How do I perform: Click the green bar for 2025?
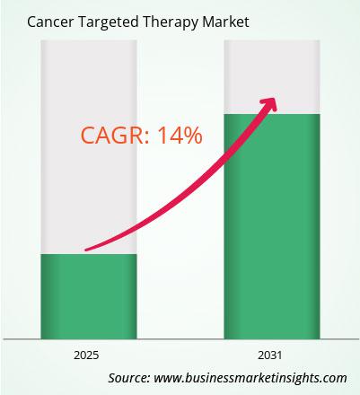click(x=89, y=296)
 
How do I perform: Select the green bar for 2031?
click(x=272, y=226)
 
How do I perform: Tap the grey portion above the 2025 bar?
click(x=89, y=147)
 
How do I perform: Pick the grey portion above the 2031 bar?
click(x=272, y=77)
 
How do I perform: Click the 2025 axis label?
click(x=86, y=355)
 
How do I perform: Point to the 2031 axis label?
click(x=270, y=355)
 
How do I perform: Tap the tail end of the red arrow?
click(x=86, y=250)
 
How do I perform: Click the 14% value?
click(x=180, y=136)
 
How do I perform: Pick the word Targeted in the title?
click(x=109, y=22)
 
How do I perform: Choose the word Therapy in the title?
click(x=170, y=22)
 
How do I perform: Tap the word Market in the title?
click(x=225, y=22)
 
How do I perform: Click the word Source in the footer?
click(x=128, y=378)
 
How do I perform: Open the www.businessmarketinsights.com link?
click(x=250, y=378)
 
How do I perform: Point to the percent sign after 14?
click(x=192, y=136)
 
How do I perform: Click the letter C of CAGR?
click(x=87, y=136)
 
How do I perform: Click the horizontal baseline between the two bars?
click(x=180, y=339)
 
